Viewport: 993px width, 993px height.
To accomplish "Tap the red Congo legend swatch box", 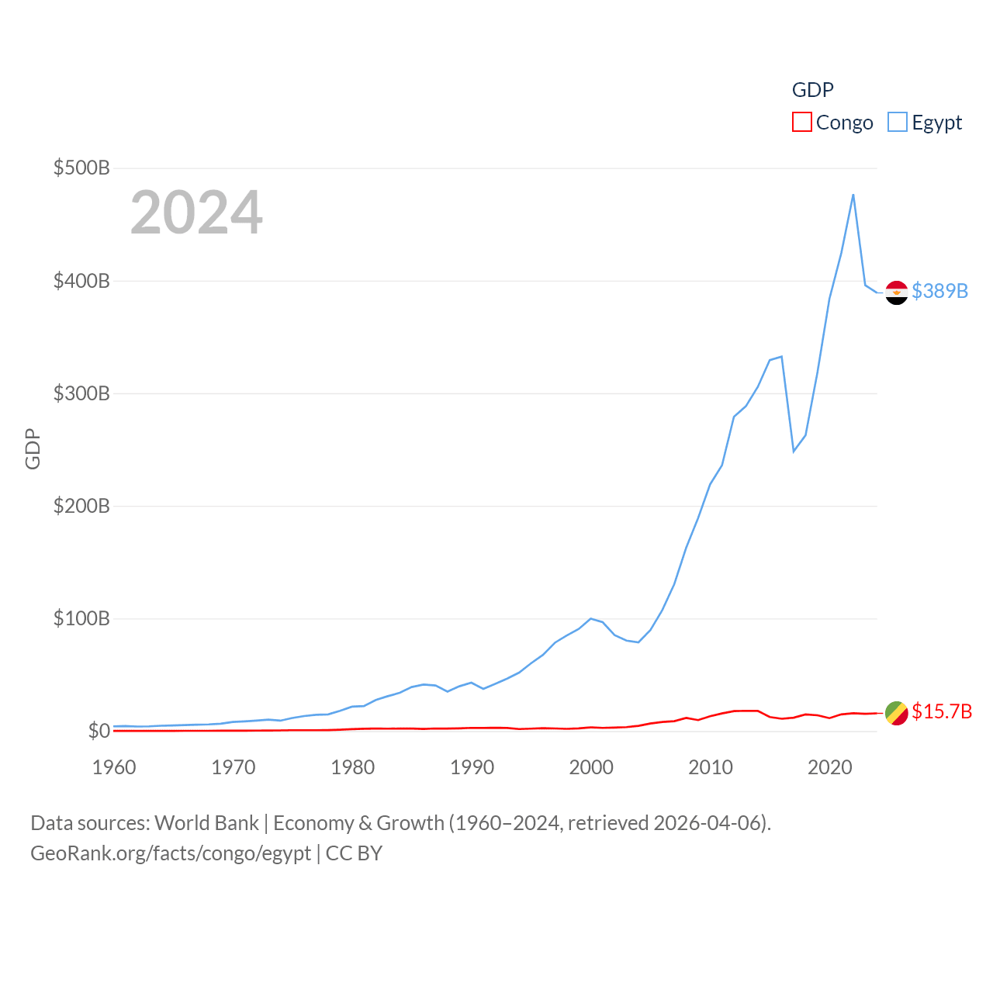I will (x=802, y=123).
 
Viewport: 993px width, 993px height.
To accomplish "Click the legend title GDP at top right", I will (x=812, y=90).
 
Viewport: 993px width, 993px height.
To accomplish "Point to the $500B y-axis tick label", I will (x=81, y=168).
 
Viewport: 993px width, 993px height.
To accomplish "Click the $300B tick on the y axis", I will (x=81, y=393).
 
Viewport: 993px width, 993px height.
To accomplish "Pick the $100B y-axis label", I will (x=81, y=618).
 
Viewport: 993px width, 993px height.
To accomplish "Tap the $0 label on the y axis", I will (x=99, y=731).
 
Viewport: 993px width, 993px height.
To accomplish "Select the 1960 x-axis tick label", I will (x=114, y=767).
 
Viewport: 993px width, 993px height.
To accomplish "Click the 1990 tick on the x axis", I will (x=472, y=767).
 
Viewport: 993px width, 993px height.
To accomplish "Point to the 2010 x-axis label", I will (x=711, y=767).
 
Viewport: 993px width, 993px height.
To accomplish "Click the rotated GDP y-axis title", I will (x=33, y=448).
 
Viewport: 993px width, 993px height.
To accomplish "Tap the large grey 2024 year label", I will (x=196, y=213).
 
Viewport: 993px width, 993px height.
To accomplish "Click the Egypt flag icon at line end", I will (x=897, y=292).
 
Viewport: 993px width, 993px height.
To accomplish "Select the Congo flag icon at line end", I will (x=897, y=713).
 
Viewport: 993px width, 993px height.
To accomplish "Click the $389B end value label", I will (x=940, y=291).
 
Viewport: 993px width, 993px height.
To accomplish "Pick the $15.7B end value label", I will (x=942, y=711).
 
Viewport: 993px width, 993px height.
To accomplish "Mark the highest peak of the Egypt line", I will (x=853, y=195).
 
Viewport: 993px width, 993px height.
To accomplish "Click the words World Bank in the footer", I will (x=207, y=823).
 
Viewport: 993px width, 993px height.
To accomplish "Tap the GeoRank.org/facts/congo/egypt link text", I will (x=171, y=853).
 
